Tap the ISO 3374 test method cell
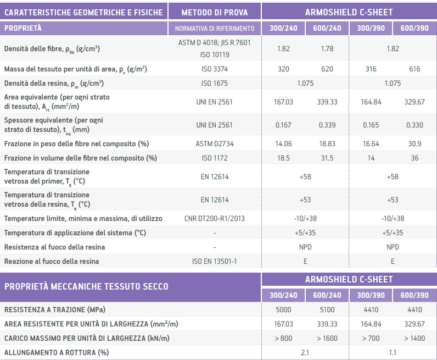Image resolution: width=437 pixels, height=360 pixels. coord(214,69)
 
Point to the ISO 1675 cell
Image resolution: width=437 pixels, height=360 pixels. coord(214,84)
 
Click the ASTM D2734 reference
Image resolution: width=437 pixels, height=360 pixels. coord(214,143)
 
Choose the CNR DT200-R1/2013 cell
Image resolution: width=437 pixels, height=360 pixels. coord(215,218)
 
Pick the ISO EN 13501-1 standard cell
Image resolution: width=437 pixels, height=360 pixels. coord(215,261)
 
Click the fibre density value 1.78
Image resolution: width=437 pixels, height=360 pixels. coord(327,49)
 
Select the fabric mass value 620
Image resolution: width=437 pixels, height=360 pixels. coord(327,69)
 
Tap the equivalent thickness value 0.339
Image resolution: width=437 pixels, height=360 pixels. coord(327,125)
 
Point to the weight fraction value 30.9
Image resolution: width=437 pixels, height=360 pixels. coord(414,143)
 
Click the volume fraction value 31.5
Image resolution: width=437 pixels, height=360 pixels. coord(327,158)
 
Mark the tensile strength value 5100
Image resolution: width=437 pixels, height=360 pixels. coord(327,309)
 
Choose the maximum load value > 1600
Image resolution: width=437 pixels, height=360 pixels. coord(327,338)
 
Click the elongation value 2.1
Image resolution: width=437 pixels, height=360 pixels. coord(305,352)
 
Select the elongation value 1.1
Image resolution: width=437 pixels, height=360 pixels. coord(393,352)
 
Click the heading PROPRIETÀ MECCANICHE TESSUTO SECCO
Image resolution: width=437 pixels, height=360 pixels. coord(86,286)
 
